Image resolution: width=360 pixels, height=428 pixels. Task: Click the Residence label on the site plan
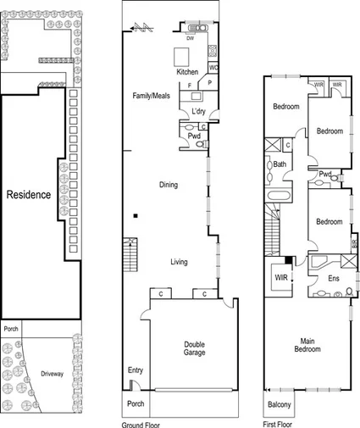(29, 195)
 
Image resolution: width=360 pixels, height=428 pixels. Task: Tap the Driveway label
(54, 373)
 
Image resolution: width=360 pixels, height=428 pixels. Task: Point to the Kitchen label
(187, 72)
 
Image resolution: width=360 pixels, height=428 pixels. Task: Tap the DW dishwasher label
(190, 38)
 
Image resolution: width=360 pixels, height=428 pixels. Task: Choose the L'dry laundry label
(199, 112)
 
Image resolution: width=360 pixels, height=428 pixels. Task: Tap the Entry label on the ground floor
(136, 370)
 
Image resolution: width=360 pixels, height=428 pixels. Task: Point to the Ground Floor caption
(141, 424)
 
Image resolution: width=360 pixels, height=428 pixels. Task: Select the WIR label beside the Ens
(280, 277)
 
